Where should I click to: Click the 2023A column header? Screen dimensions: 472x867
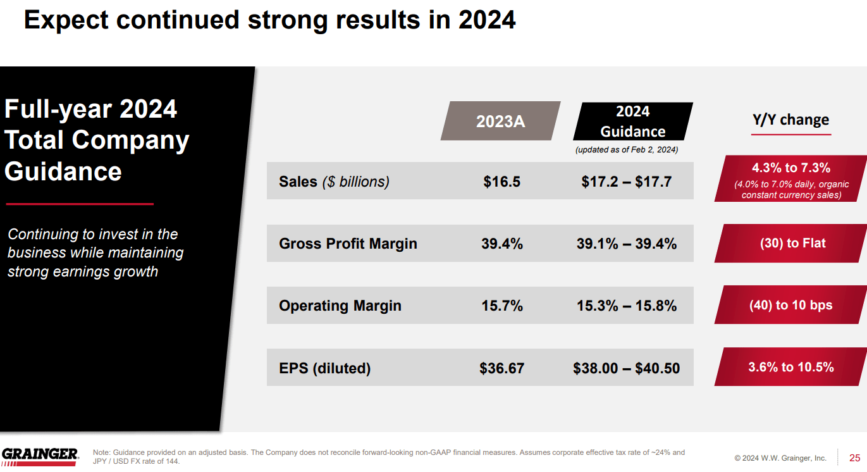coord(500,121)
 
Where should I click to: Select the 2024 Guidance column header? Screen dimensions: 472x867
coord(632,121)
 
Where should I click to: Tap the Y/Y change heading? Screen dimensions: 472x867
coord(790,120)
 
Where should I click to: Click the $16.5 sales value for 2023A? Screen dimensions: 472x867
coord(501,182)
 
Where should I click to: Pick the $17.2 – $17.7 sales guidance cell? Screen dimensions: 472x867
coord(626,182)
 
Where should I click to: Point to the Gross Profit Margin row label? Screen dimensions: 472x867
coord(348,244)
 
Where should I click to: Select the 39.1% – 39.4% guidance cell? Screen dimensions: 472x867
coord(626,244)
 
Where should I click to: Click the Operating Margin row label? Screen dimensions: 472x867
coord(340,306)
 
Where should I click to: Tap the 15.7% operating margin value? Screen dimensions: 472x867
coord(501,306)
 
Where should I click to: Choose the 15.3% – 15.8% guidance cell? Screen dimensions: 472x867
coord(626,306)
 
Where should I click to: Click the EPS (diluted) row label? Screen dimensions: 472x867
coord(324,368)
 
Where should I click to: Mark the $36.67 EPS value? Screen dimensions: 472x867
coord(501,368)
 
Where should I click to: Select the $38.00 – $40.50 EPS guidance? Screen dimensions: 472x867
coord(626,368)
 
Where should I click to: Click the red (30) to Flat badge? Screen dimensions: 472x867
coord(792,244)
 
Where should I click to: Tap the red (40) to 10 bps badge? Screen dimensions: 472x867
coord(790,305)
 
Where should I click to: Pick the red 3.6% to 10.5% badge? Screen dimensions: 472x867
coord(790,367)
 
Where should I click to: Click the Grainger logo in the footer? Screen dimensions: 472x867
coord(40,456)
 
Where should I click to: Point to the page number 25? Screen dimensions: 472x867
coord(854,457)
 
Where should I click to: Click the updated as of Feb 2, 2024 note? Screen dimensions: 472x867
coord(626,150)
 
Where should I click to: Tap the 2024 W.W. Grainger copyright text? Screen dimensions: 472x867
coord(780,457)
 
